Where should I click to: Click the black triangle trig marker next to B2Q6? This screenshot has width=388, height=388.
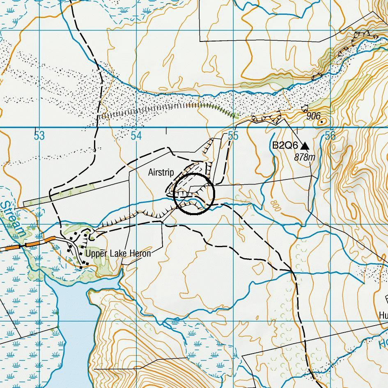tap(305, 146)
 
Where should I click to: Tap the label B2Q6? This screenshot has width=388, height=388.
tap(285, 146)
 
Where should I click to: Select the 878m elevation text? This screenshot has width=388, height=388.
tap(305, 157)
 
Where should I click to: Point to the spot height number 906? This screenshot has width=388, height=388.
tap(313, 117)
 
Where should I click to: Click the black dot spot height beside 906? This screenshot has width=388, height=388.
tap(322, 122)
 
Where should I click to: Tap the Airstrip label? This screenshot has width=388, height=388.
tap(161, 172)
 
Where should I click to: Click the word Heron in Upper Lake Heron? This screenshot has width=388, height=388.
tap(140, 254)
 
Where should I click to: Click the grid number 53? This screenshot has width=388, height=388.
tap(39, 136)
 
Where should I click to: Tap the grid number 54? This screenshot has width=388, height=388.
tap(136, 136)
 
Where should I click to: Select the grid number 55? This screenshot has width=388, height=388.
tap(233, 136)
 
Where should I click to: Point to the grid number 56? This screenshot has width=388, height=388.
tap(330, 136)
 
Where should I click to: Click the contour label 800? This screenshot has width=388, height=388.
tap(275, 206)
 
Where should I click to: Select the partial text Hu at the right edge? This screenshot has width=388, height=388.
tap(383, 315)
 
